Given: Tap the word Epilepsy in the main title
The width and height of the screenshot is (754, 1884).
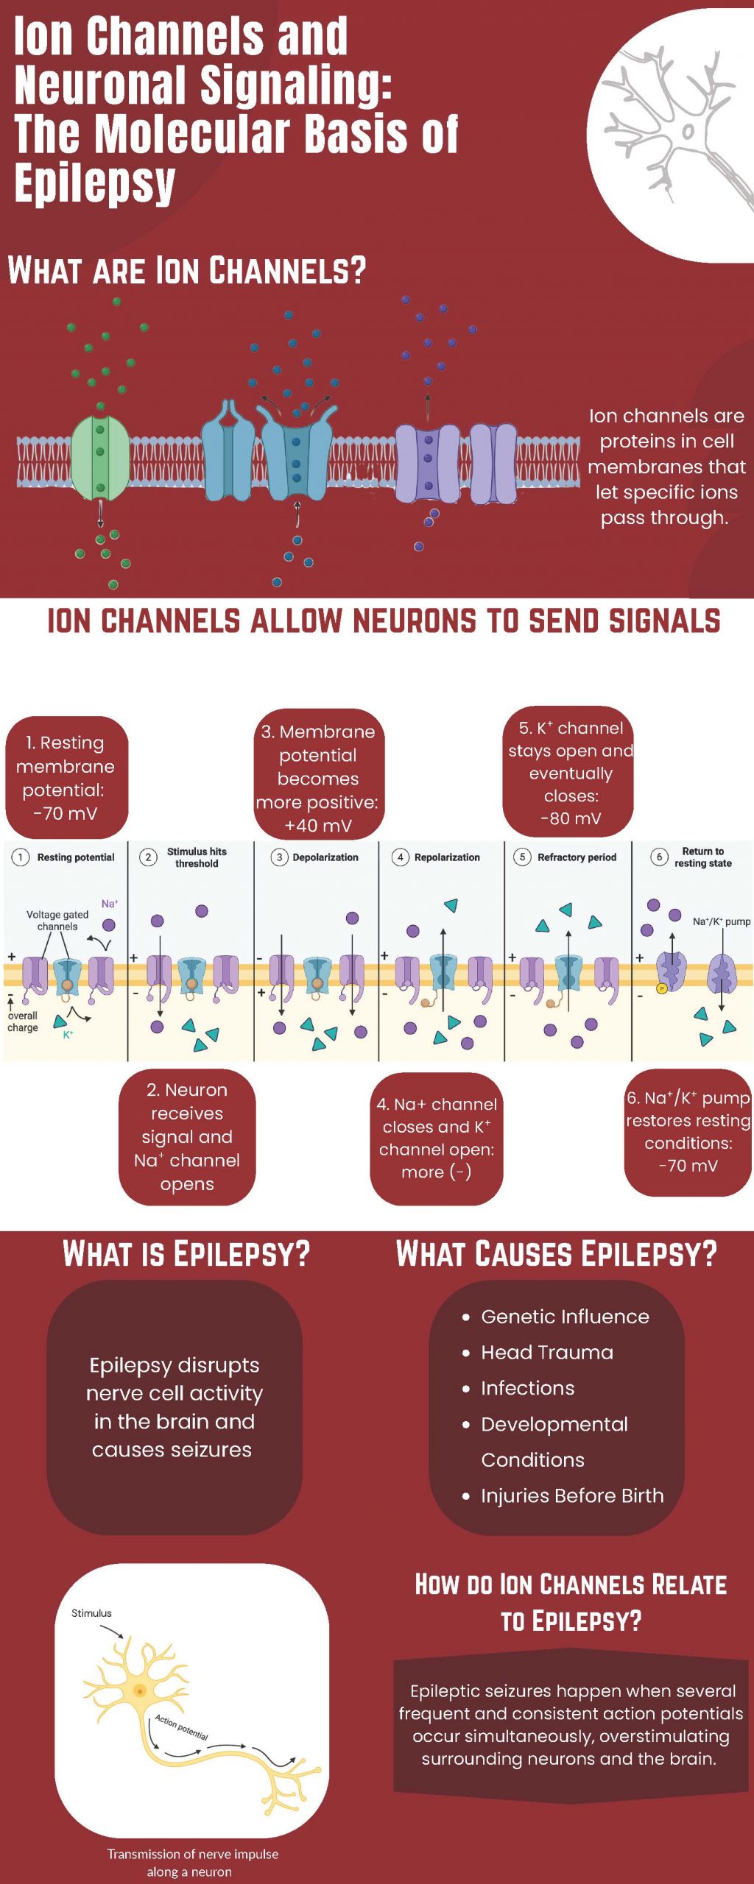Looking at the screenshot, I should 94,183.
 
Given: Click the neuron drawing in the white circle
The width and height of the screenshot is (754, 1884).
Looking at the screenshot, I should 674,125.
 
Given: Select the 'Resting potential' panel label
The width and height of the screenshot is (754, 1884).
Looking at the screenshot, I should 75,857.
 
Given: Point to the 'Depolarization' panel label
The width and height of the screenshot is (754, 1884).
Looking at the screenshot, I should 325,857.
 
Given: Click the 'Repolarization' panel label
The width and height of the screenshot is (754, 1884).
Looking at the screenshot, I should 446,857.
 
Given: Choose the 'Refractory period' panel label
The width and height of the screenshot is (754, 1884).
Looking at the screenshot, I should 577,857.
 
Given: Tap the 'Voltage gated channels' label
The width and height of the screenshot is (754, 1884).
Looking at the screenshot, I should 57,921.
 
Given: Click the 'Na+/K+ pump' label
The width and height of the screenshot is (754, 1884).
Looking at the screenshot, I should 721,921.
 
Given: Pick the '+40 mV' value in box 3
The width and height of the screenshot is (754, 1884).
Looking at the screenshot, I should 318,826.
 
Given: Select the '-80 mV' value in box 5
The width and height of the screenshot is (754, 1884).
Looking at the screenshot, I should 571,818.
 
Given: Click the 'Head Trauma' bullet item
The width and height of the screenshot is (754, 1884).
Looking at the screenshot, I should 546,1353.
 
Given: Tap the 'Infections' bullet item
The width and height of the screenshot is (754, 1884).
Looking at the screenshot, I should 527,1388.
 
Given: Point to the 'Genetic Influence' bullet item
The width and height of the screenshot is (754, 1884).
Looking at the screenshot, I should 565,1317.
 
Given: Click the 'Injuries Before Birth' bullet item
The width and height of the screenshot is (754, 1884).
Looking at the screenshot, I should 572,1495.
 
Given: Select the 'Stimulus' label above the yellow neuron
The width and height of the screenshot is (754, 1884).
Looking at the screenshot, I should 91,1613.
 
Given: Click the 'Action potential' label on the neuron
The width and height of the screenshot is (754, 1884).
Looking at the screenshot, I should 181,1727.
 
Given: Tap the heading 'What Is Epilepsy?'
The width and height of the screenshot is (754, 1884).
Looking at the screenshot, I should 186,1254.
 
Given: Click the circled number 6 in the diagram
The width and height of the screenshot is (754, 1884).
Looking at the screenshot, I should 659,857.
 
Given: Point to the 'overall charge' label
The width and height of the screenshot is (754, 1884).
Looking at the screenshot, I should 23,1021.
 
